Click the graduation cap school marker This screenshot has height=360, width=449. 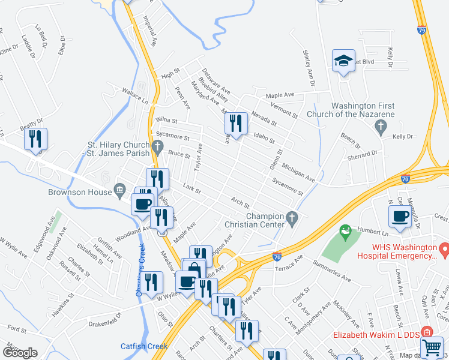(344, 61)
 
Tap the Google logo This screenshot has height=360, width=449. (20, 353)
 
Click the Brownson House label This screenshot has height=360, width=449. (80, 192)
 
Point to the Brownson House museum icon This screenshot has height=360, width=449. (120, 192)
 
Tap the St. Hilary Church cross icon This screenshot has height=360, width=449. (157, 145)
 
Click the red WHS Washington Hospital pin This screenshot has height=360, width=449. (444, 248)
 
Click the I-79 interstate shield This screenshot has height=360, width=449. (422, 29)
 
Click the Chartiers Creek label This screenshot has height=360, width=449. (140, 270)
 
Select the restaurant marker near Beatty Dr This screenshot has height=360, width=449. (35, 140)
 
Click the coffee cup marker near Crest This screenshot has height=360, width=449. (401, 216)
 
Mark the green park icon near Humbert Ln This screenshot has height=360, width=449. (345, 230)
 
